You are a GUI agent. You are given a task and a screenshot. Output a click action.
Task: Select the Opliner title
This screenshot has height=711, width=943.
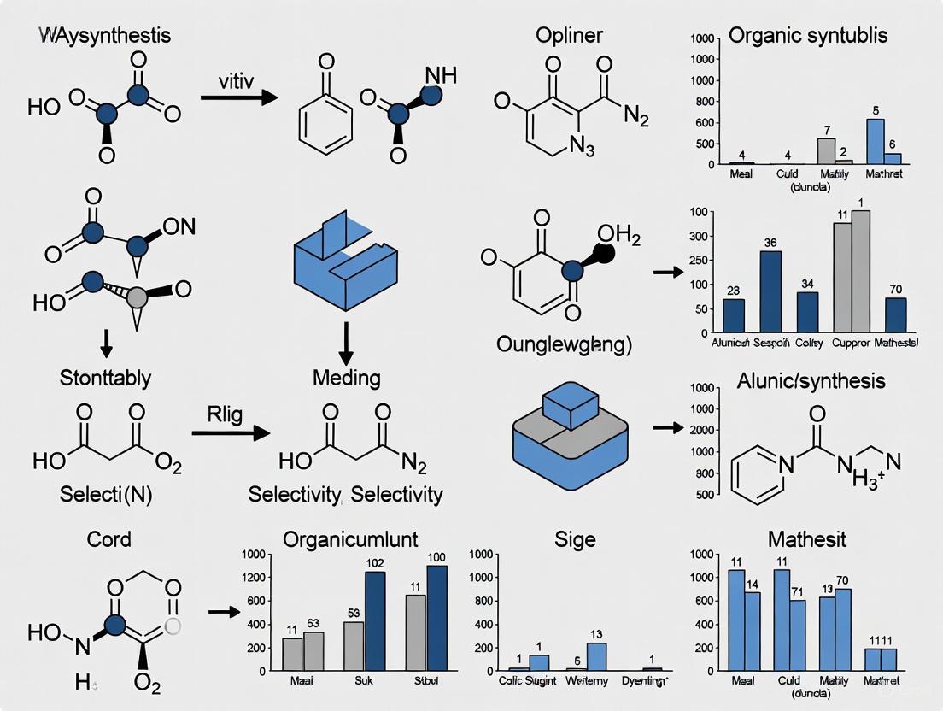coord(569,36)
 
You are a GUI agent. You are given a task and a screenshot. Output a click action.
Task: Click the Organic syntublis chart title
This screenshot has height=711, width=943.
coord(808,36)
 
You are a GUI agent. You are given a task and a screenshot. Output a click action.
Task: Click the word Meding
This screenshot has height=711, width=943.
coord(347,377)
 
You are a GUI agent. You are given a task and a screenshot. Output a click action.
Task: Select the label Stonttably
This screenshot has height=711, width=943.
coord(107,377)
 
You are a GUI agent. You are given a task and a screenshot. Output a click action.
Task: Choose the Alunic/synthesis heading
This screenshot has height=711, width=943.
coord(811,380)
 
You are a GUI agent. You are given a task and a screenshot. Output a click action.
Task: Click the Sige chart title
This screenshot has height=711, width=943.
coord(575,539)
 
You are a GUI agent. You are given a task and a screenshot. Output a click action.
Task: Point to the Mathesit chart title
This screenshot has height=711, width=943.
coord(806,539)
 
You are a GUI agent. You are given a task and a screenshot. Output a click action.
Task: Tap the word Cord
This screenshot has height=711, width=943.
coord(109,539)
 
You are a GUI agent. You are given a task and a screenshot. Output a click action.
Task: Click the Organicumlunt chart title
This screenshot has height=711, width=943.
coord(350,539)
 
